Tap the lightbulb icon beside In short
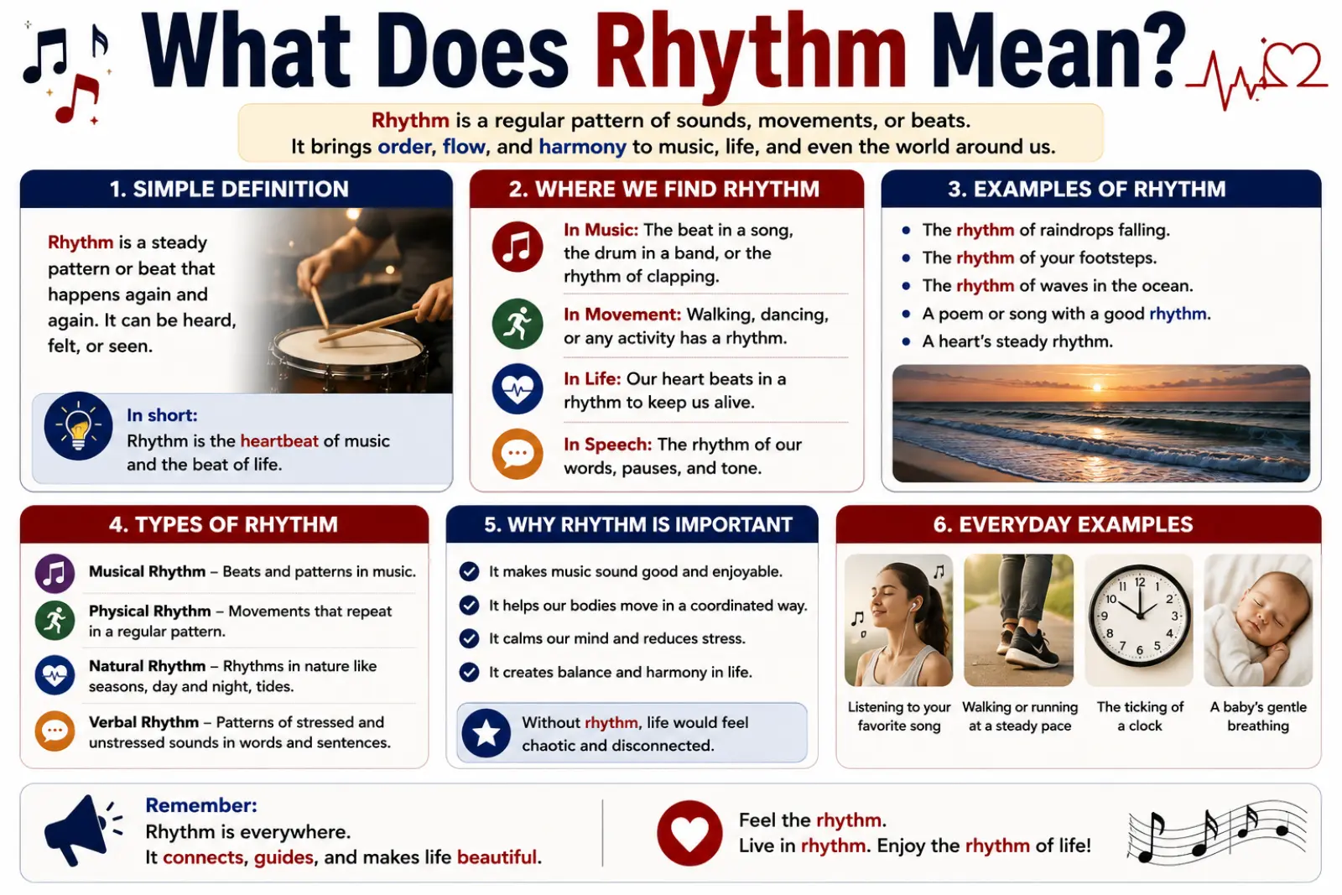click(x=79, y=426)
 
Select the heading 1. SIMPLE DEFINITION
click(x=229, y=190)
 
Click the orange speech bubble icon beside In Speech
click(x=518, y=454)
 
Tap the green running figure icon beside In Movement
click(x=518, y=324)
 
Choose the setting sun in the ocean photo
click(x=1097, y=388)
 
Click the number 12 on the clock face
click(x=1140, y=581)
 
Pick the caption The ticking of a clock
click(x=1140, y=716)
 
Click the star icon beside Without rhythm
click(x=486, y=733)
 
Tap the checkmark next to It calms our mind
click(x=469, y=638)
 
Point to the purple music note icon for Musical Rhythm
click(x=55, y=573)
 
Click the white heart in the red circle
click(x=689, y=833)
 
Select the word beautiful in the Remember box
click(x=497, y=857)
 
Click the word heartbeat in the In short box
click(x=279, y=441)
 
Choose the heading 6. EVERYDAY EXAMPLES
click(x=1063, y=525)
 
